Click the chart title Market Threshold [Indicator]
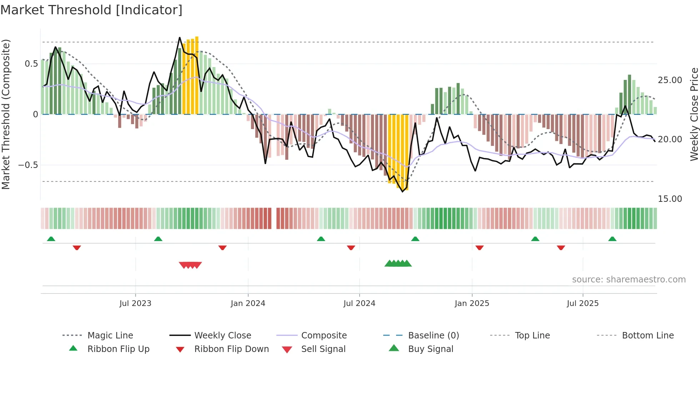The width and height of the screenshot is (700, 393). coord(91,10)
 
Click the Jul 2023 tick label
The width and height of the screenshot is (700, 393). coord(135,303)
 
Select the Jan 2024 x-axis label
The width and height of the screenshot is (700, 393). coord(248,303)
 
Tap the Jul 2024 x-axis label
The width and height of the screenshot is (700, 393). coord(359,303)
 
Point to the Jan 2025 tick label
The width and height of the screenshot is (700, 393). coord(472,303)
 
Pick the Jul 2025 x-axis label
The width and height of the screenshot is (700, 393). coord(582,303)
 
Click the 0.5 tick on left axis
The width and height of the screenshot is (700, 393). coord(31,64)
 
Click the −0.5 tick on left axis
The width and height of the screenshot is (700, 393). coord(28,165)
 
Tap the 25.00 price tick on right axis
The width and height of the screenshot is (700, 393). coord(670,80)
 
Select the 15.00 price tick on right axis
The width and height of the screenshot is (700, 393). coord(670,199)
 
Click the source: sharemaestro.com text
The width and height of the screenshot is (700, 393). coord(629,280)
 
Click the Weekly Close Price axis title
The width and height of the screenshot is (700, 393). coord(694,114)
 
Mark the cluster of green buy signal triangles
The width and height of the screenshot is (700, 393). coord(398,264)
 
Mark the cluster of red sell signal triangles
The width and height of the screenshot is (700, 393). coord(190,265)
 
